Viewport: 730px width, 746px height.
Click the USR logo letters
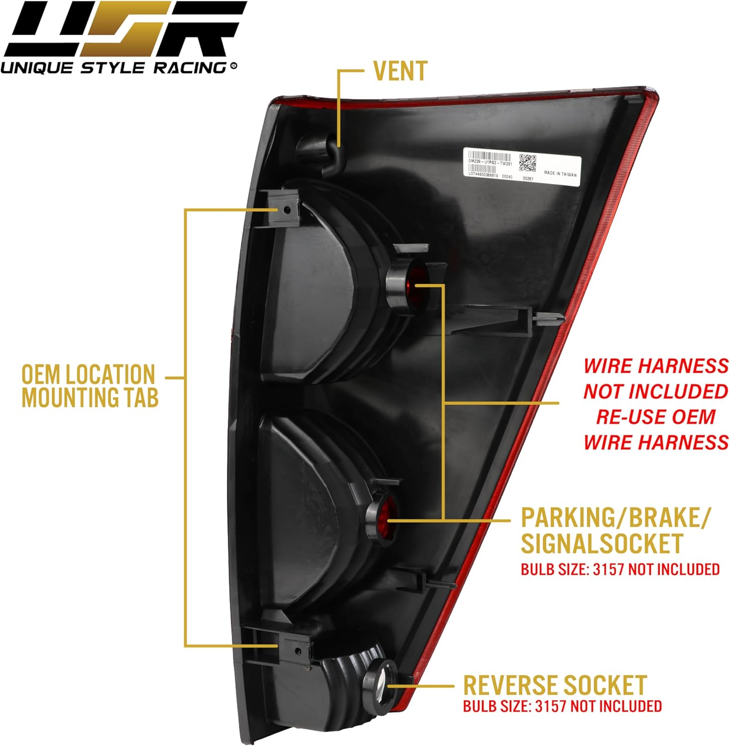click(x=124, y=30)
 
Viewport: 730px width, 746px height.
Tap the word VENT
click(x=400, y=71)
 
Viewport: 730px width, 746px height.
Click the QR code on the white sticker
click(x=528, y=163)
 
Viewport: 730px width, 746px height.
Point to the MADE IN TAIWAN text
click(x=560, y=174)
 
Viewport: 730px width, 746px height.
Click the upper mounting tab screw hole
click(x=286, y=210)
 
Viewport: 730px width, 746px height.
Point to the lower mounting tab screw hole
click(x=297, y=652)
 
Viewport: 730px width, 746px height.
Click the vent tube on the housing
click(x=318, y=149)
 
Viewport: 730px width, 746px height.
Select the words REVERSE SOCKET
click(x=554, y=685)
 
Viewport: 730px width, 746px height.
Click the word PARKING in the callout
click(x=564, y=518)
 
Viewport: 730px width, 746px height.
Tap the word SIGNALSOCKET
click(x=602, y=543)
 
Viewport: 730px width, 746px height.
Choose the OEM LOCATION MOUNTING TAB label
click(x=90, y=386)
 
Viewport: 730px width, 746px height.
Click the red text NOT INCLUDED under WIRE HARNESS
click(x=655, y=391)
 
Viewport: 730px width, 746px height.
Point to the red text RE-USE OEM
click(x=655, y=417)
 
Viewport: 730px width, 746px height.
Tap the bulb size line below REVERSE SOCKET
click(x=562, y=706)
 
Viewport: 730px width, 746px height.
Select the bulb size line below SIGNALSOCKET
click(x=620, y=569)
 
